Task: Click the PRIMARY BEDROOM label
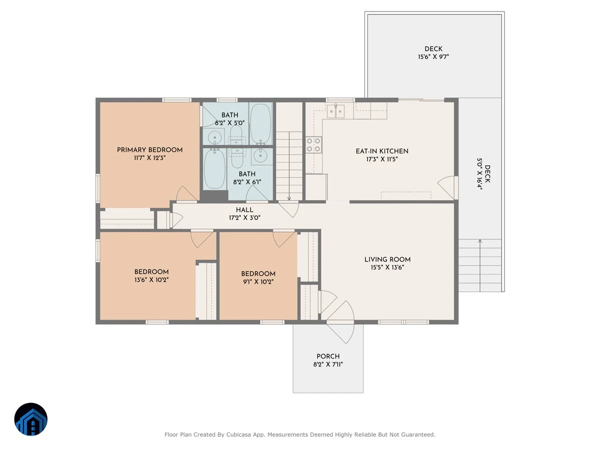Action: click(x=149, y=150)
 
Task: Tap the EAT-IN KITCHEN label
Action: click(x=382, y=151)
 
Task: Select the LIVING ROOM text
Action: click(x=387, y=259)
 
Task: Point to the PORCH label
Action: click(x=328, y=356)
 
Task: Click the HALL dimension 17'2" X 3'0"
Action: click(x=244, y=218)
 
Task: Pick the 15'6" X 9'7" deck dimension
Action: click(x=433, y=57)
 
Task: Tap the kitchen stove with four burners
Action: click(x=313, y=145)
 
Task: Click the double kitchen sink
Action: click(x=335, y=111)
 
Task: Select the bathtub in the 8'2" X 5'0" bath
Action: click(x=260, y=123)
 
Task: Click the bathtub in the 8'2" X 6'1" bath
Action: click(x=215, y=168)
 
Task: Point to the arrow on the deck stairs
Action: click(x=479, y=265)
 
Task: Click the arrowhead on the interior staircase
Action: click(x=289, y=198)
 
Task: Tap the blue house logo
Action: click(x=31, y=419)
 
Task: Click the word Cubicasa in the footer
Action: click(x=238, y=434)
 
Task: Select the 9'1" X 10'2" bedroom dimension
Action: click(x=258, y=281)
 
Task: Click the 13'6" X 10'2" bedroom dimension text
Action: click(x=151, y=280)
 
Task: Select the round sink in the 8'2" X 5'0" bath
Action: click(x=215, y=137)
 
